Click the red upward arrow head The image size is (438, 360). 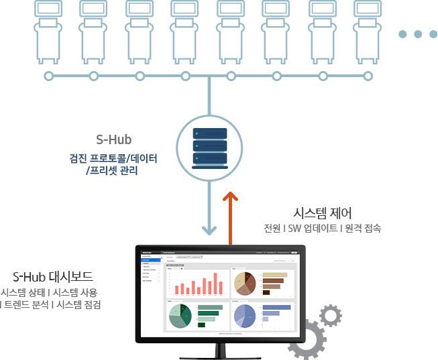click(230, 196)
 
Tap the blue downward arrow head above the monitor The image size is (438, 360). click(210, 230)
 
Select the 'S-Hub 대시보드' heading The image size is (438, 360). click(53, 276)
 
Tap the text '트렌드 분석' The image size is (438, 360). click(25, 304)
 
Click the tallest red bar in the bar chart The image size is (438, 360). click(215, 284)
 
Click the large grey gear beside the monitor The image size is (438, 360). click(306, 340)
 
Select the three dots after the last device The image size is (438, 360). click(417, 34)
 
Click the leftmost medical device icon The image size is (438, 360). click(48, 29)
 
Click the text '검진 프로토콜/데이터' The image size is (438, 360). click(113, 159)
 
